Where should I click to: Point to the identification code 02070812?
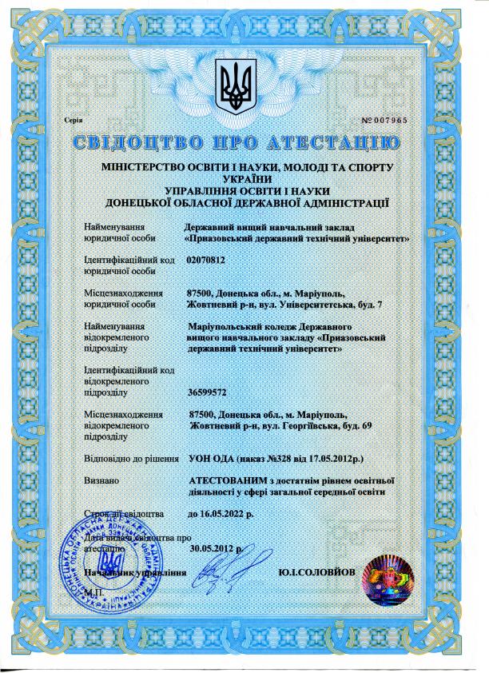206,261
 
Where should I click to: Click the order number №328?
278,460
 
